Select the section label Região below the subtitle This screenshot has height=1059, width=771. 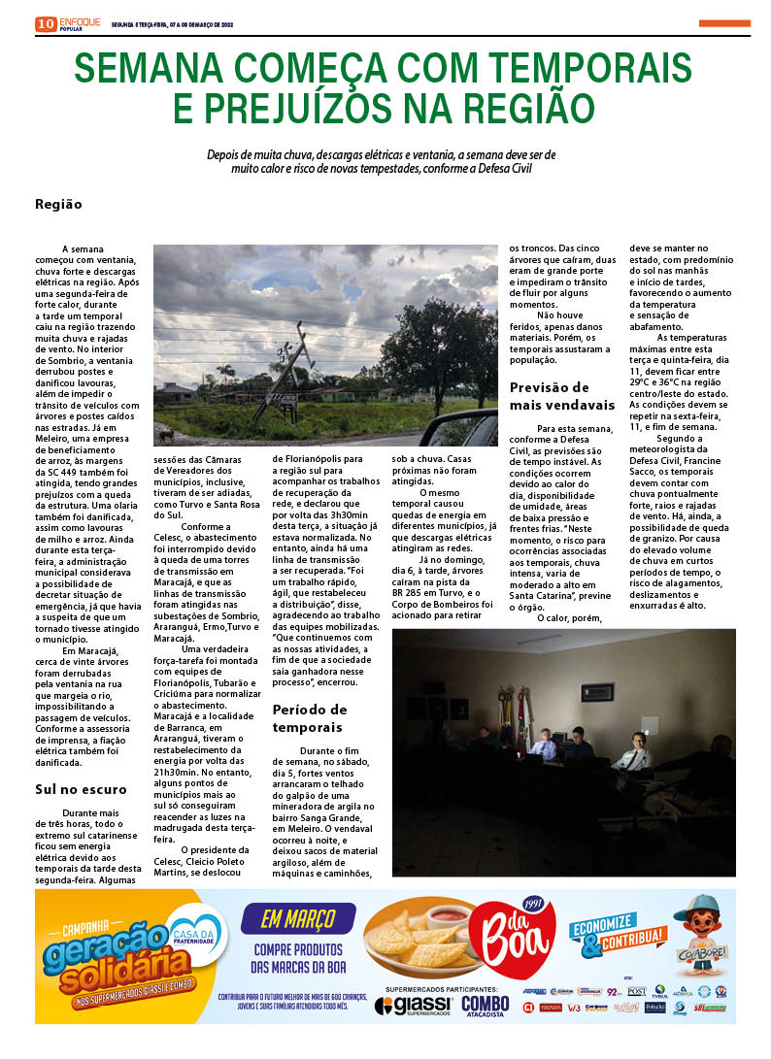58,204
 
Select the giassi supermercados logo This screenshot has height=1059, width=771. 412,1005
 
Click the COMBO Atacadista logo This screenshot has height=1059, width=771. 485,1006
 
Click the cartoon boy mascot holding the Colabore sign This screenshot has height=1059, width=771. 702,939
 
